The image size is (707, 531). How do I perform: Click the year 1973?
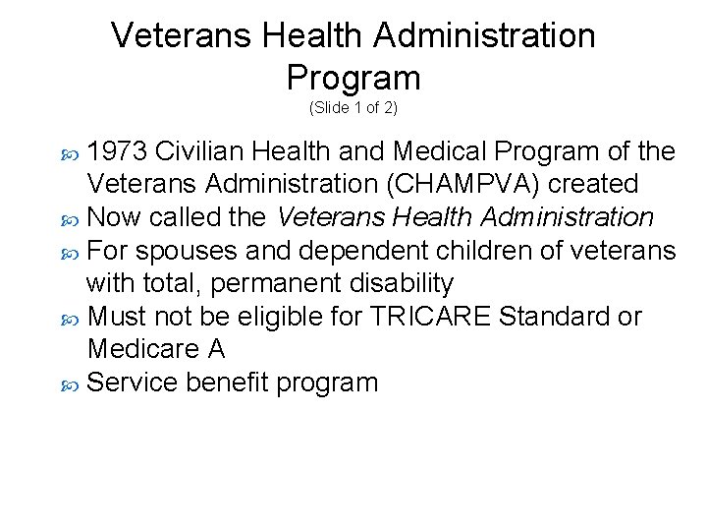118,151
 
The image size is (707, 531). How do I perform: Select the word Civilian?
201,151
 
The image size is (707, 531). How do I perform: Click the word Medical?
440,151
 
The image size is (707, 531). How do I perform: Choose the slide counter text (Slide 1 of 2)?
353,106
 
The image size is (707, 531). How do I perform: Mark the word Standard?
555,317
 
